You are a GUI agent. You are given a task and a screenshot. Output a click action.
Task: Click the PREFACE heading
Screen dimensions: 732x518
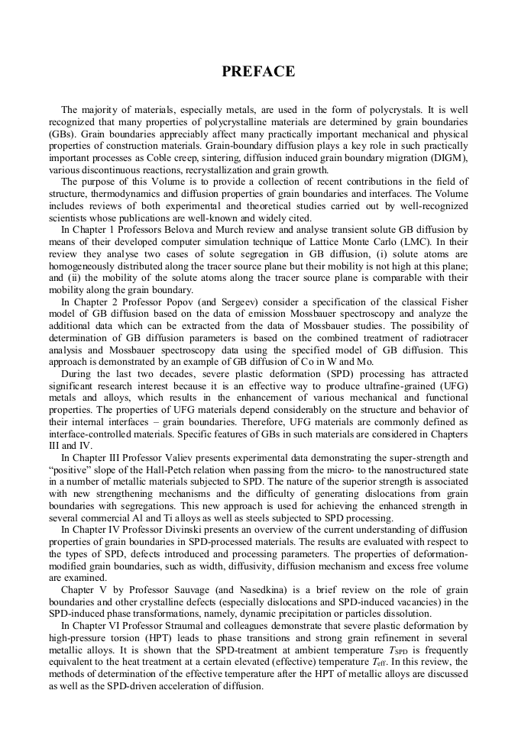[x=258, y=72]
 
